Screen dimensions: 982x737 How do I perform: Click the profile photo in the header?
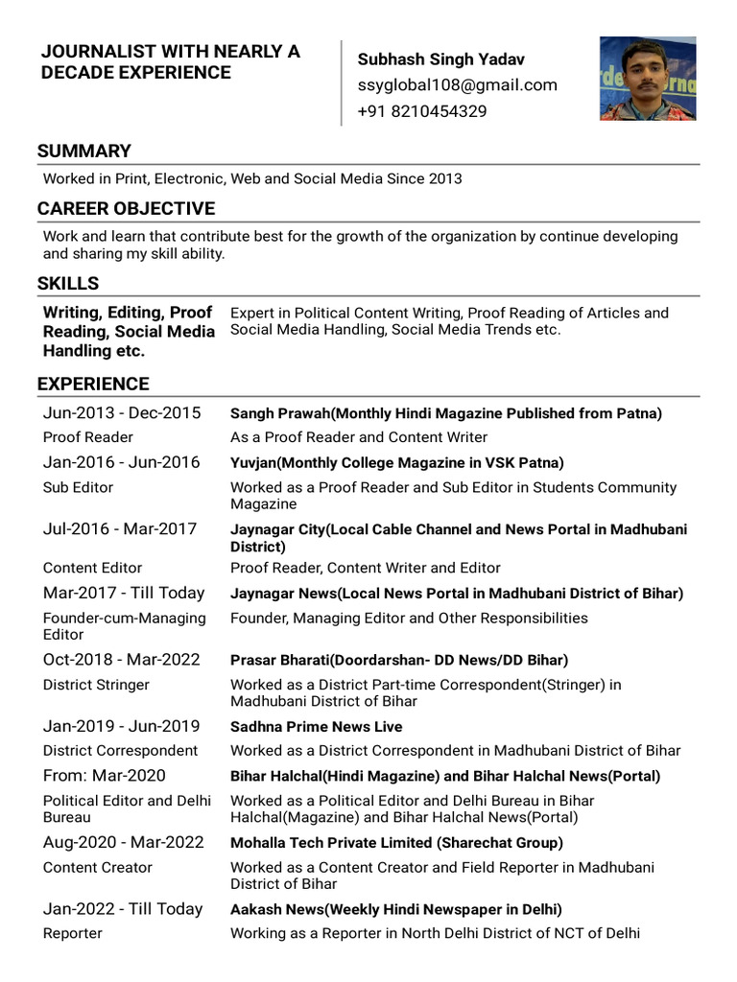pyautogui.click(x=648, y=79)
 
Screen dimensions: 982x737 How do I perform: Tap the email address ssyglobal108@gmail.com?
pyautogui.click(x=457, y=85)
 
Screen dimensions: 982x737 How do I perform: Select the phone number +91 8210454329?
pyautogui.click(x=421, y=111)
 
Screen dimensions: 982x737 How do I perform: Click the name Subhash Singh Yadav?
pyautogui.click(x=440, y=59)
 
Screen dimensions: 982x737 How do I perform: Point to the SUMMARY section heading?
pyautogui.click(x=84, y=152)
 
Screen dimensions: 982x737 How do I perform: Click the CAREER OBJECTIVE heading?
pyautogui.click(x=126, y=209)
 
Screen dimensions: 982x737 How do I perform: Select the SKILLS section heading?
pyautogui.click(x=68, y=284)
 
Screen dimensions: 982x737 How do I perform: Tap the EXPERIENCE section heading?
pyautogui.click(x=93, y=385)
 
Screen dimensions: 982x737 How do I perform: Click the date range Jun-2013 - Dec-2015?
pyautogui.click(x=122, y=413)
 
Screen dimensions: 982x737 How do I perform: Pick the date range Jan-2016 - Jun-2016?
pyautogui.click(x=122, y=462)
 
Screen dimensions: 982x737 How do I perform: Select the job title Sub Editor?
pyautogui.click(x=78, y=487)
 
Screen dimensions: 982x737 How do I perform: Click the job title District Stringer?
pyautogui.click(x=96, y=685)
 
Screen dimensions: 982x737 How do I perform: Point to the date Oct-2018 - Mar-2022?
pyautogui.click(x=122, y=660)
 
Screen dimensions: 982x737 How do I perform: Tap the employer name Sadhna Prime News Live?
pyautogui.click(x=316, y=727)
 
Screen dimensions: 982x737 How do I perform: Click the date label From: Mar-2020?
pyautogui.click(x=104, y=776)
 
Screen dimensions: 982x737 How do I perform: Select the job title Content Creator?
pyautogui.click(x=98, y=868)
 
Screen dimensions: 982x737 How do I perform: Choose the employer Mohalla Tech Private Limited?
pyautogui.click(x=396, y=843)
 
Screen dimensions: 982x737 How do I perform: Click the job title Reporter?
pyautogui.click(x=73, y=934)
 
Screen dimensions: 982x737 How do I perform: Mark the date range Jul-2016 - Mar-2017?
pyautogui.click(x=120, y=528)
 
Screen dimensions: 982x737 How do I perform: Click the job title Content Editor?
pyautogui.click(x=92, y=568)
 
